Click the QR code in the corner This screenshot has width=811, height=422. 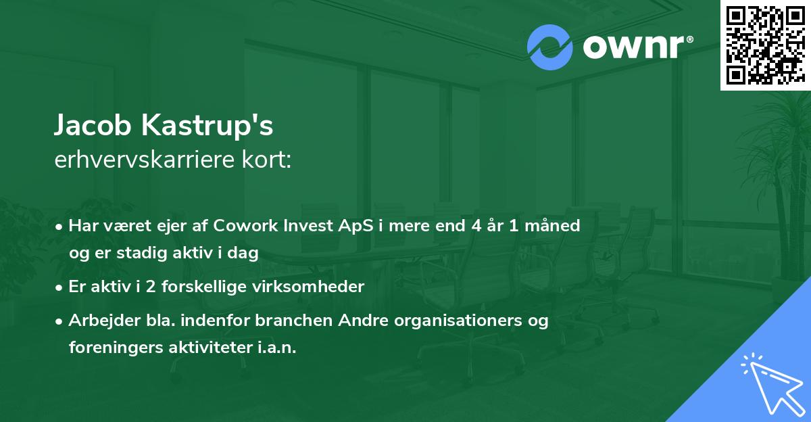click(765, 45)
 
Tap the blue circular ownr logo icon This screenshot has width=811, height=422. click(549, 47)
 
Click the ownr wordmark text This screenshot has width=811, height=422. click(637, 47)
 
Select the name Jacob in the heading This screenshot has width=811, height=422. click(93, 125)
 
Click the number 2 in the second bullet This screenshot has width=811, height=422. click(151, 287)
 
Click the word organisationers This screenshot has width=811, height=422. click(458, 320)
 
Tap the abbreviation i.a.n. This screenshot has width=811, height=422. click(277, 347)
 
